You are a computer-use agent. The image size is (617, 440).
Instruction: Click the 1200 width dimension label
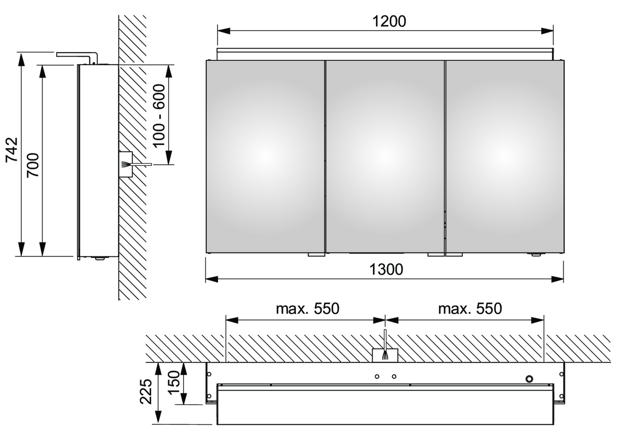click(389, 22)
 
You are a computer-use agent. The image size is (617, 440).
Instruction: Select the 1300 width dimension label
click(386, 270)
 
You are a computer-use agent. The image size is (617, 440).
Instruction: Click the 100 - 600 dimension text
click(159, 116)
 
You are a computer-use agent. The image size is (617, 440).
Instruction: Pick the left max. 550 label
click(307, 309)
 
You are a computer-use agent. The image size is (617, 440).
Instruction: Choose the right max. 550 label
click(470, 309)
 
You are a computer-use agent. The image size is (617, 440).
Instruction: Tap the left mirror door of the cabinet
click(265, 156)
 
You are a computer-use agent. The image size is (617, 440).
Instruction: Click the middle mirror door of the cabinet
click(385, 156)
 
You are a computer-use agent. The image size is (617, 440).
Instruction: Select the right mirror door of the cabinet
click(504, 156)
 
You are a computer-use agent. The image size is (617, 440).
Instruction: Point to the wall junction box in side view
click(126, 164)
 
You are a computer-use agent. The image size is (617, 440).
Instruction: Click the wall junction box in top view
click(385, 356)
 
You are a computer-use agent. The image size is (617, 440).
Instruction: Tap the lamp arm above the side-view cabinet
click(77, 56)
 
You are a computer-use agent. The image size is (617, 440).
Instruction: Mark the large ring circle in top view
click(529, 379)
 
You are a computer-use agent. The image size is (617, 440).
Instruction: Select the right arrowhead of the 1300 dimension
click(557, 279)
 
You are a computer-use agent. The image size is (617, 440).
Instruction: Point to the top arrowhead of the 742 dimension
click(21, 59)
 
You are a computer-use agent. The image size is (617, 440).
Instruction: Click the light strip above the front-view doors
click(385, 54)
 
